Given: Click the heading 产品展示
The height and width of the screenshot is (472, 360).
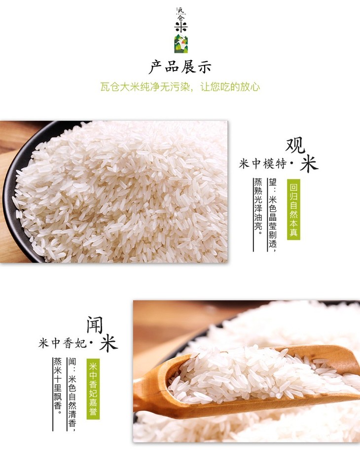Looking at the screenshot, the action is (180, 67).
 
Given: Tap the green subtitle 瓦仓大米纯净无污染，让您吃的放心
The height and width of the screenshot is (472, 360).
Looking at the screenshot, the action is (180, 87).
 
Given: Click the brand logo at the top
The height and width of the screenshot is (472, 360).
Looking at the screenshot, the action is (181, 19).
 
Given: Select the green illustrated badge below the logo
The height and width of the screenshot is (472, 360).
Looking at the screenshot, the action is (181, 44).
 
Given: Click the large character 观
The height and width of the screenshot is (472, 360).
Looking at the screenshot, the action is (295, 145).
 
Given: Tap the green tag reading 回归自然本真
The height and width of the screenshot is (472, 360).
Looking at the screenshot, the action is (293, 209).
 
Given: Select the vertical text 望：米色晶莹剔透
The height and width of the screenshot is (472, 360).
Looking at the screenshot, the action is (272, 213).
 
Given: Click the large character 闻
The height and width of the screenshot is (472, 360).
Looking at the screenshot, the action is (95, 325).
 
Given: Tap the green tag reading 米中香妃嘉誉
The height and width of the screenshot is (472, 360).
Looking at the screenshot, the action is (93, 389).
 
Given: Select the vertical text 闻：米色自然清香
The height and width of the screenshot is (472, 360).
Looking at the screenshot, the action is (72, 393).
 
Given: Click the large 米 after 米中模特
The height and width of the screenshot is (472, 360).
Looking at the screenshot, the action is (309, 164).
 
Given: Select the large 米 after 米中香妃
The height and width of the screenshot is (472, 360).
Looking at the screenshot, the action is (108, 343).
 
